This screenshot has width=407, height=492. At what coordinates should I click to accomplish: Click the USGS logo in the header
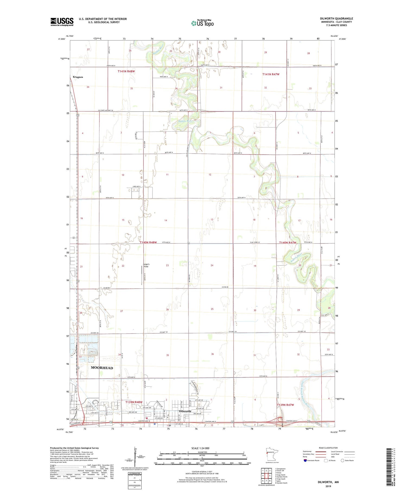(x=62, y=22)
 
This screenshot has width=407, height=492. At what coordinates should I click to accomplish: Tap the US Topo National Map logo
(x=202, y=23)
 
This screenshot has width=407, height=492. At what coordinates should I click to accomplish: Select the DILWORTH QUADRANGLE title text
(x=336, y=18)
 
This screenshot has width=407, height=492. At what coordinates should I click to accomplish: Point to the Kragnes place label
(x=78, y=77)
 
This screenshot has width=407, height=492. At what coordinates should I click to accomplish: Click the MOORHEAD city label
(x=102, y=368)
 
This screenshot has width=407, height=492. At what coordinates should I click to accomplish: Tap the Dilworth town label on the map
(x=185, y=411)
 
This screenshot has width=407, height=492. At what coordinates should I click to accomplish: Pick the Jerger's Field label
(x=146, y=265)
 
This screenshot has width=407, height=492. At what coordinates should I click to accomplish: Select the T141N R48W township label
(x=126, y=71)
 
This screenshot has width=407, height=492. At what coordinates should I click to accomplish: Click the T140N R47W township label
(x=288, y=243)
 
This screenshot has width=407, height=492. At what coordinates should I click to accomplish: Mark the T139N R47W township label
(x=285, y=405)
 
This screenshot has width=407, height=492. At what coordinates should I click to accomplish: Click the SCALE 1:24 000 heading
(x=202, y=448)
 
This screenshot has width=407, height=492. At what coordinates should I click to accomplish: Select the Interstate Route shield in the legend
(x=305, y=461)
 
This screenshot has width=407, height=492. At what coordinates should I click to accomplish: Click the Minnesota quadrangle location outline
(x=270, y=454)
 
